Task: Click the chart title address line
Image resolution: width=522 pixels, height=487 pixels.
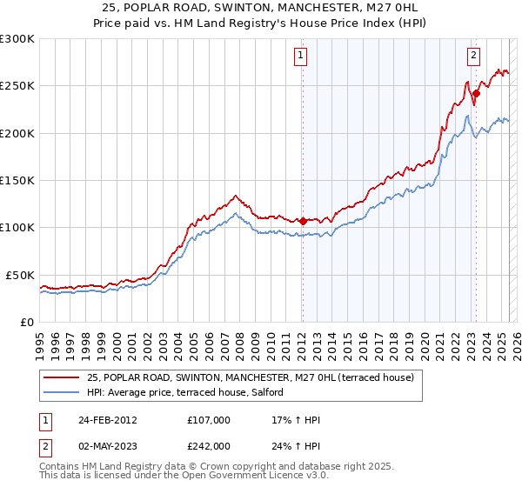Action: click(x=260, y=8)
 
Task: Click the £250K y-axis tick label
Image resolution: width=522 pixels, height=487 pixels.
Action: click(x=17, y=86)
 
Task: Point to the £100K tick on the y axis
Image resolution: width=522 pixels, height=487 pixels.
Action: click(x=17, y=227)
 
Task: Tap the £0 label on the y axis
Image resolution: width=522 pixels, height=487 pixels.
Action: click(x=26, y=322)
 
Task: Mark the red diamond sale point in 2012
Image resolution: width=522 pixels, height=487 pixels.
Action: click(x=303, y=221)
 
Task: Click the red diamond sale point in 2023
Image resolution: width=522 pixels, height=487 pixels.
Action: click(x=477, y=93)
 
